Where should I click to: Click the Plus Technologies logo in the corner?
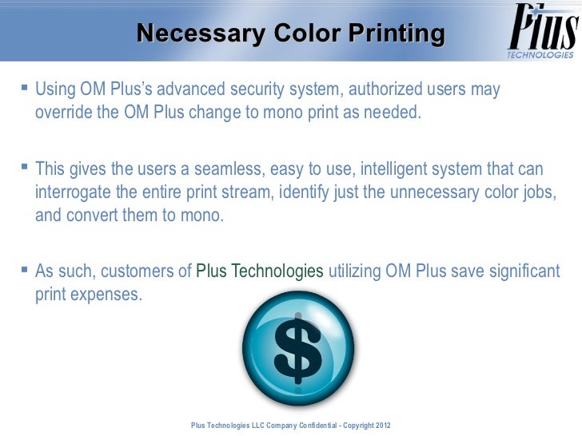pos(540,32)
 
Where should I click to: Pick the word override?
pos(64,111)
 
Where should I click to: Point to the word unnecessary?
pos(419,194)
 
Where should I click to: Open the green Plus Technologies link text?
pos(260,272)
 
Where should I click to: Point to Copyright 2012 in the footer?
pos(366,424)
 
